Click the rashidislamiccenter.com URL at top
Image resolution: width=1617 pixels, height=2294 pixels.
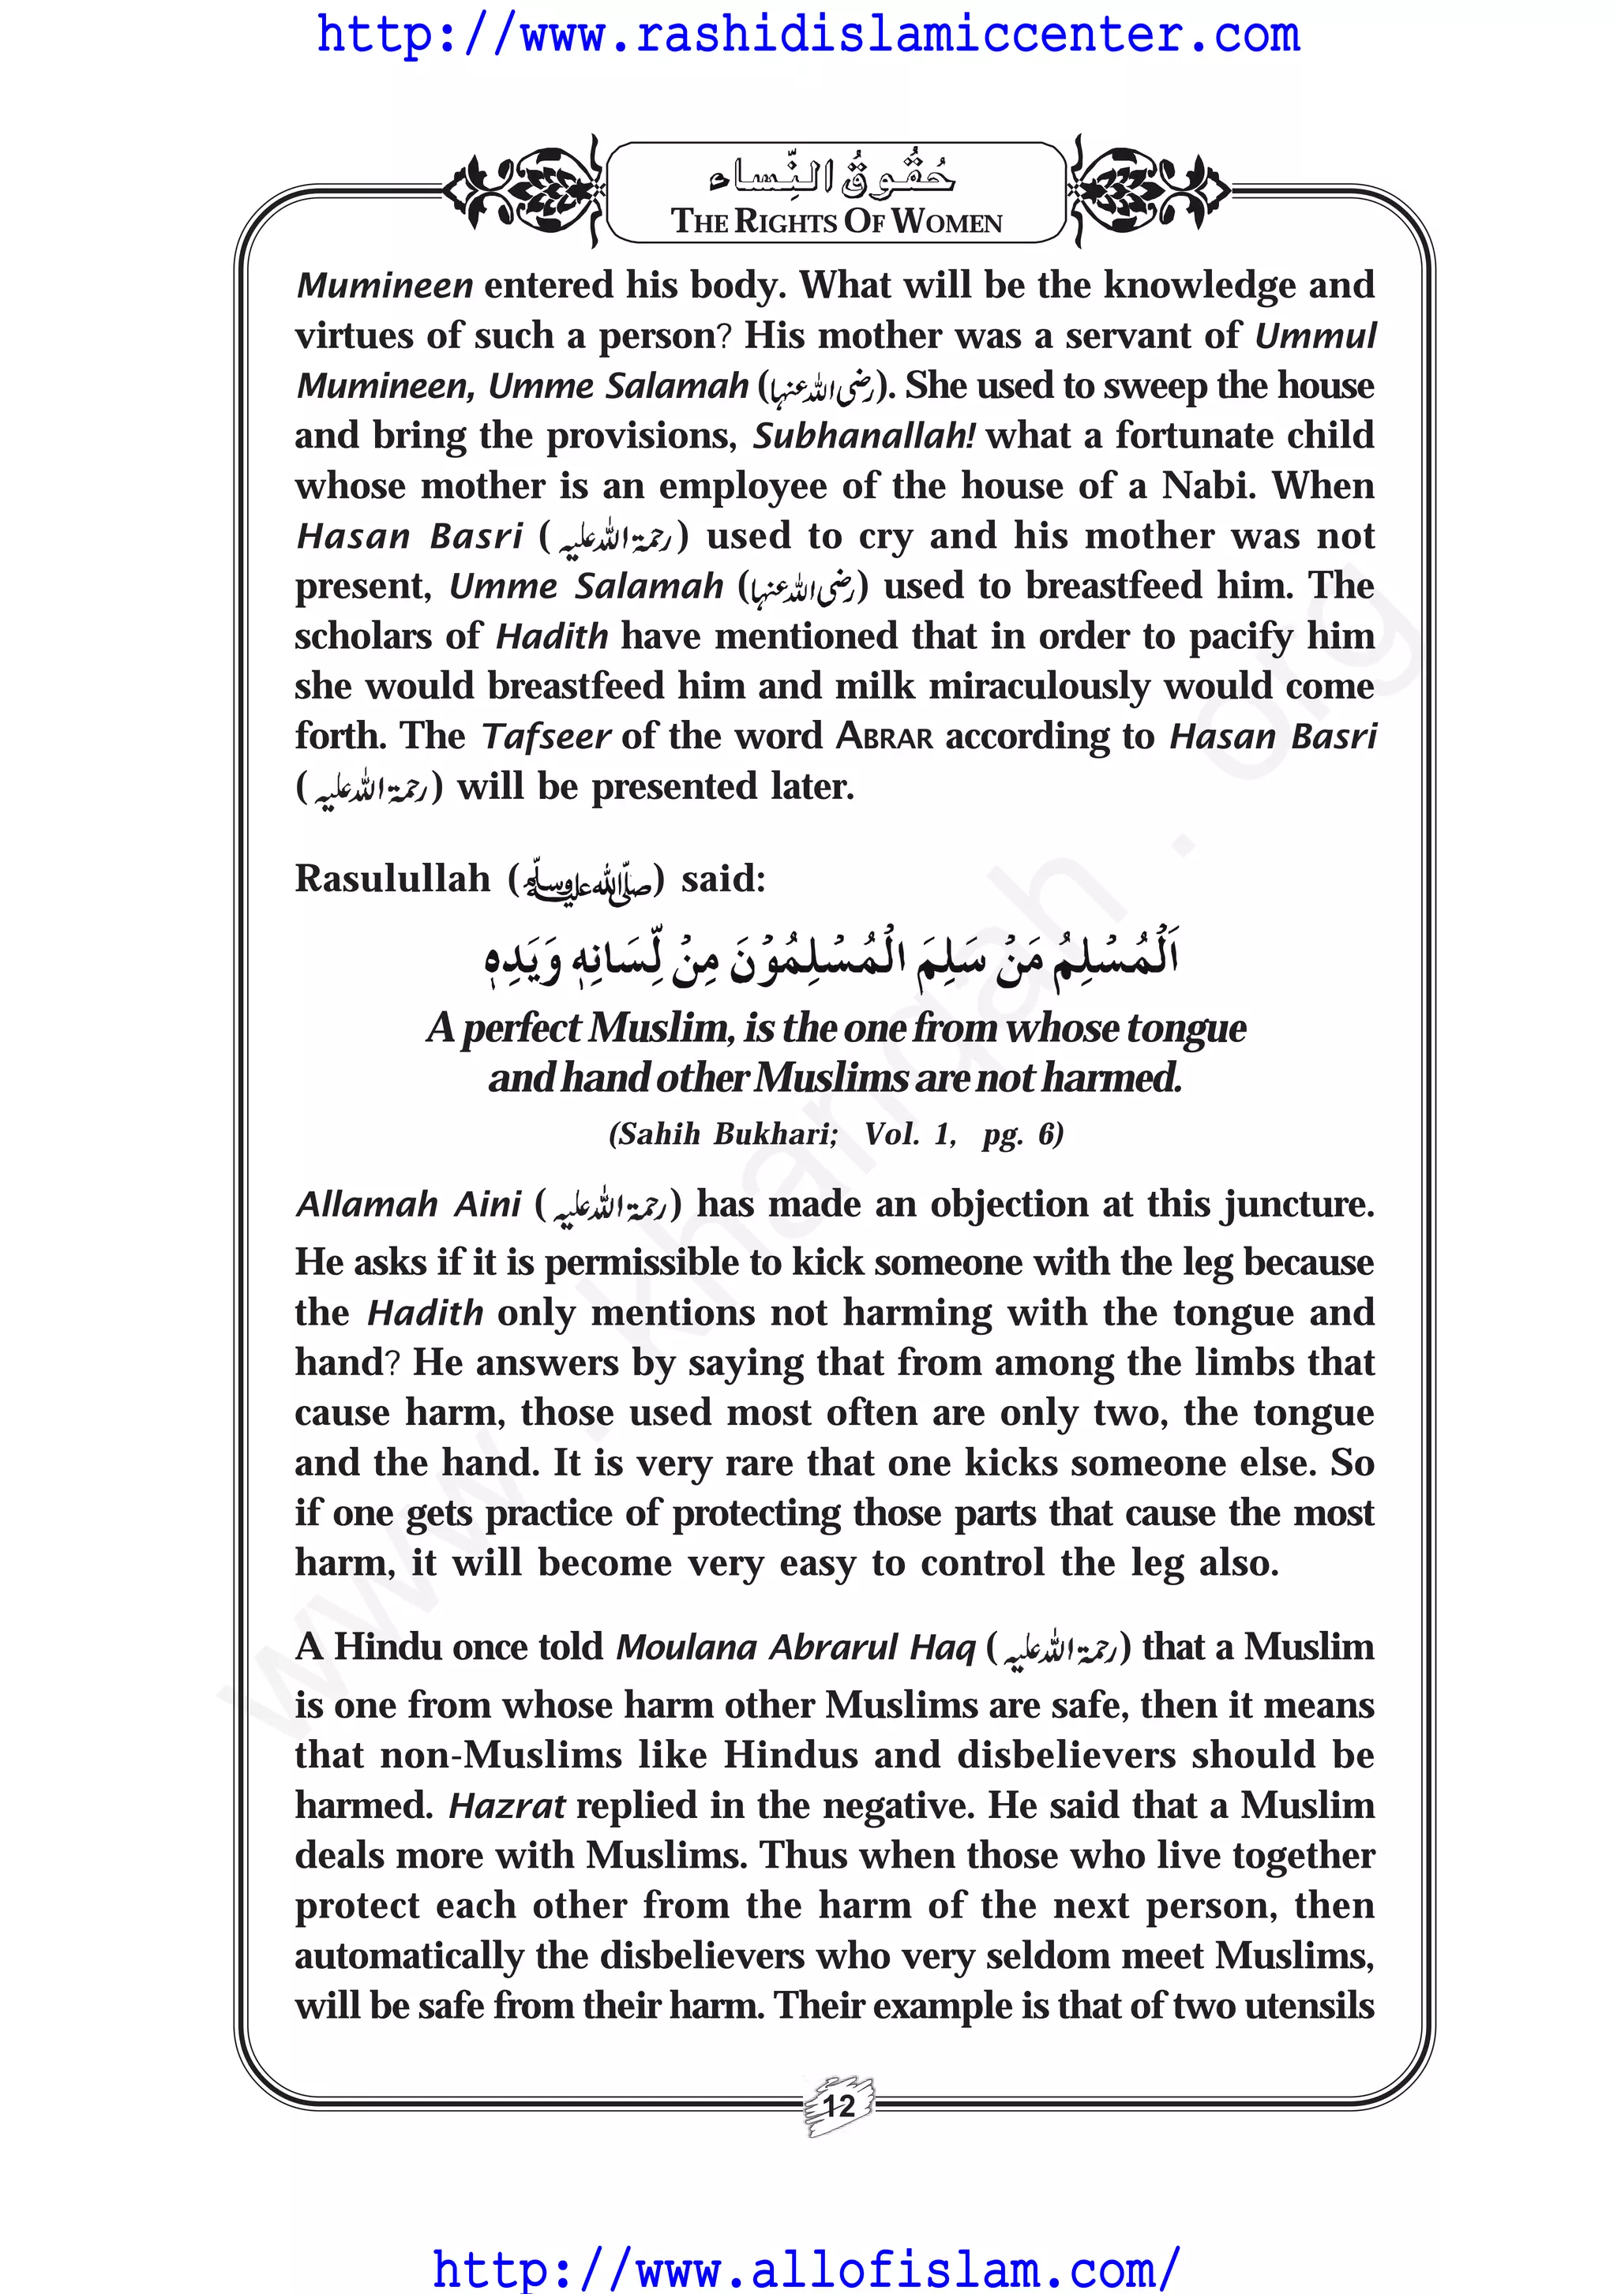(808, 36)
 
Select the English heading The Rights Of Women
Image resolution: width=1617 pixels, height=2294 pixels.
(836, 222)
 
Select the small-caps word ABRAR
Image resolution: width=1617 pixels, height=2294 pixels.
(884, 737)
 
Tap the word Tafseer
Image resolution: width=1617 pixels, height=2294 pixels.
(546, 737)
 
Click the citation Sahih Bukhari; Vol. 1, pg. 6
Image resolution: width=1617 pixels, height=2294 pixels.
(835, 1134)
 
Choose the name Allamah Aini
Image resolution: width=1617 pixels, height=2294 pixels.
(407, 1205)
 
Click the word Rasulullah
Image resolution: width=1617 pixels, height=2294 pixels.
(392, 879)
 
